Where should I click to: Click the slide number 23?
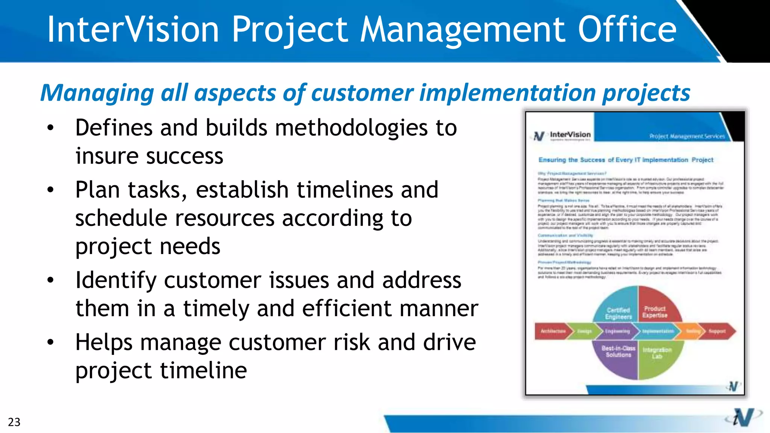point(14,422)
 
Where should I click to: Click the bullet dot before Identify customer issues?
point(50,280)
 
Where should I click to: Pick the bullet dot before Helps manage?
point(50,342)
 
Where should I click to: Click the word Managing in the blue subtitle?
point(97,93)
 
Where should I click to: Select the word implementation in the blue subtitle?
point(507,93)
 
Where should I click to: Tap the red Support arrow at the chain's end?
point(718,331)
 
